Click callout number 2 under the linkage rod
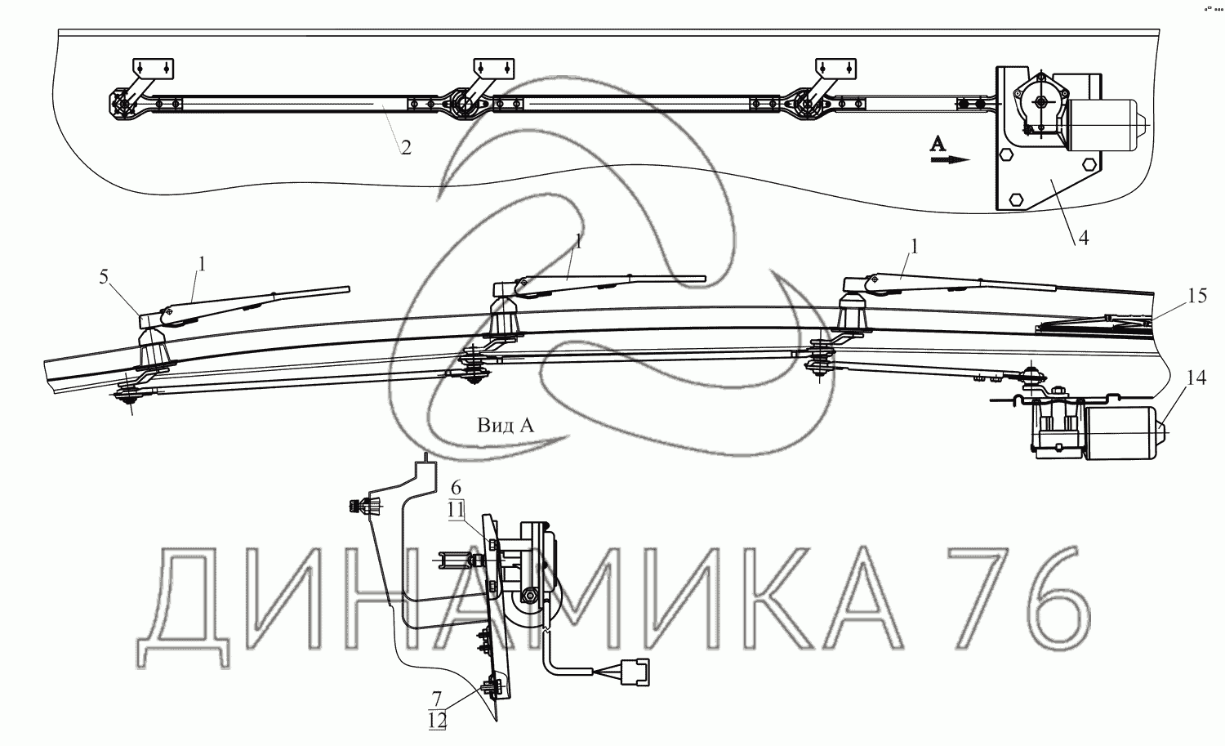[406, 147]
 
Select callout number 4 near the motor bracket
[1084, 237]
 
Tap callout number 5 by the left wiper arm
[104, 277]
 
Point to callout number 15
[1197, 296]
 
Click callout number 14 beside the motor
[1196, 377]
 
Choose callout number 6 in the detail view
[456, 487]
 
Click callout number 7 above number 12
[436, 699]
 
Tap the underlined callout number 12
[438, 721]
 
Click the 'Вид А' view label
[506, 425]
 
